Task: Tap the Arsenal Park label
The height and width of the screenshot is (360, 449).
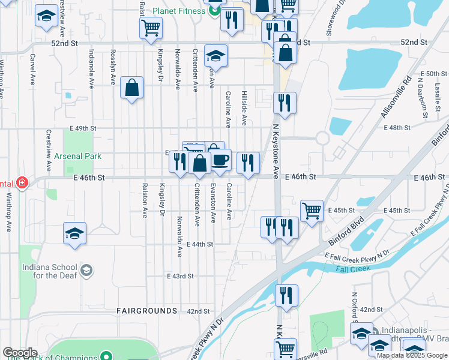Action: pyautogui.click(x=77, y=156)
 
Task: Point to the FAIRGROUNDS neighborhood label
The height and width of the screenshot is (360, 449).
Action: pyautogui.click(x=147, y=311)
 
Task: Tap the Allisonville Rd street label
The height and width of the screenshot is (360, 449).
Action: pyautogui.click(x=394, y=97)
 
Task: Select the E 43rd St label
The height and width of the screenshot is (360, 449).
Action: pyautogui.click(x=181, y=276)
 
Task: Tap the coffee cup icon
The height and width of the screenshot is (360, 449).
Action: pyautogui.click(x=220, y=160)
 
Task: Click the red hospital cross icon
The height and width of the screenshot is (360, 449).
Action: pyautogui.click(x=23, y=182)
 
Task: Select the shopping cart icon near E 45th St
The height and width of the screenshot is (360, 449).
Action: pyautogui.click(x=312, y=211)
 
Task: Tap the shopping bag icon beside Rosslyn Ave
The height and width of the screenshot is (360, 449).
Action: pyautogui.click(x=131, y=88)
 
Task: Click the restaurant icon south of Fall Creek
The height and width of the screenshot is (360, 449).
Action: pyautogui.click(x=286, y=295)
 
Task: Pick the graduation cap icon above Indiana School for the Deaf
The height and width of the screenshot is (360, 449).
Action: pyautogui.click(x=74, y=233)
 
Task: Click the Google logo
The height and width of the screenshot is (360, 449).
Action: pyautogui.click(x=20, y=353)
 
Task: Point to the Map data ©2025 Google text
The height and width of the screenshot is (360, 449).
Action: pyautogui.click(x=411, y=355)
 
